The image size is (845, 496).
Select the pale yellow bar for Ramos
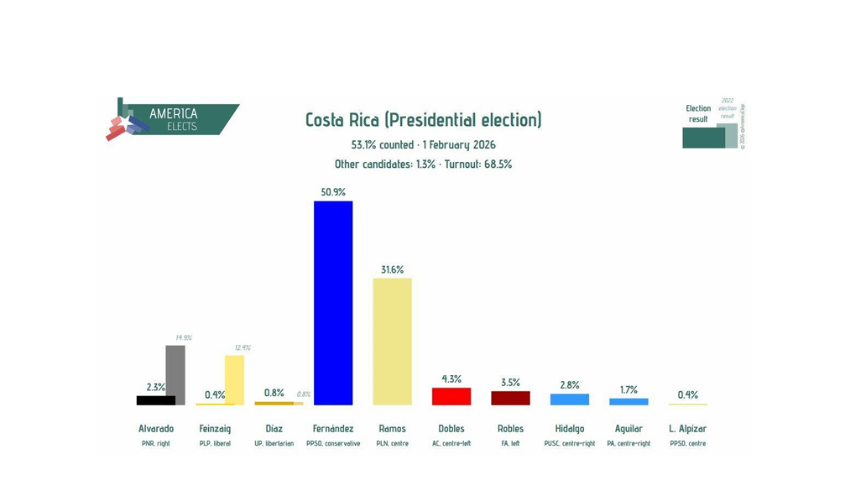tap(392, 341)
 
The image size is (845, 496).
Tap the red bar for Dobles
tap(451, 396)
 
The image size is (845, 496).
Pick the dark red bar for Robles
tap(510, 398)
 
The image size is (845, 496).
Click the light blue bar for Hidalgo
tap(569, 399)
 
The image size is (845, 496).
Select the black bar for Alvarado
tap(155, 400)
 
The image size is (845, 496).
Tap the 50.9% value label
tap(333, 192)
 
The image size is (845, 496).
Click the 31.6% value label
tap(392, 269)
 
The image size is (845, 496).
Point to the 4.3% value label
tap(451, 379)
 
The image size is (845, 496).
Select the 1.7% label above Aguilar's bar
tap(629, 389)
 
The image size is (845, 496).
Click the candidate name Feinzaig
tap(215, 429)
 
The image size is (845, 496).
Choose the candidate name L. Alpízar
tap(687, 429)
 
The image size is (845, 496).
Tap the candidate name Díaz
tap(274, 429)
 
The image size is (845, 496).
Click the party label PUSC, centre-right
tap(569, 443)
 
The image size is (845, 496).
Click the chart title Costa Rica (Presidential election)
tap(423, 120)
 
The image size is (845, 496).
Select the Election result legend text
tap(697, 114)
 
